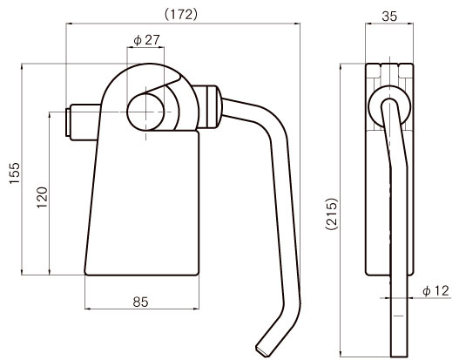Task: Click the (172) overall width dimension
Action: pyautogui.click(x=181, y=14)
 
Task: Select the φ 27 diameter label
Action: pyautogui.click(x=146, y=40)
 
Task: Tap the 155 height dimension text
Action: pyautogui.click(x=14, y=173)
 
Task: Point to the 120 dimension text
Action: pyautogui.click(x=42, y=197)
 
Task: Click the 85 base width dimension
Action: pyautogui.click(x=140, y=302)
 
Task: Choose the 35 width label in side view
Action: pyautogui.click(x=389, y=17)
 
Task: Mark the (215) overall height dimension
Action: pyautogui.click(x=332, y=214)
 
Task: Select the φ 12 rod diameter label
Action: pyautogui.click(x=435, y=291)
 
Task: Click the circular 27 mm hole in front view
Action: pyautogui.click(x=145, y=112)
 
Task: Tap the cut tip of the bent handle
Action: pyautogui.click(x=262, y=351)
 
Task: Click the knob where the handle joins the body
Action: pyautogui.click(x=207, y=107)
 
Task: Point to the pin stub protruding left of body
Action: pyautogui.click(x=83, y=122)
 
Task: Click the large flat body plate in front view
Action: pyautogui.click(x=143, y=202)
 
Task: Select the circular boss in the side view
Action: pyautogui.click(x=389, y=107)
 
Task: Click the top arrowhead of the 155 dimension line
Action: pyautogui.click(x=22, y=66)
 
